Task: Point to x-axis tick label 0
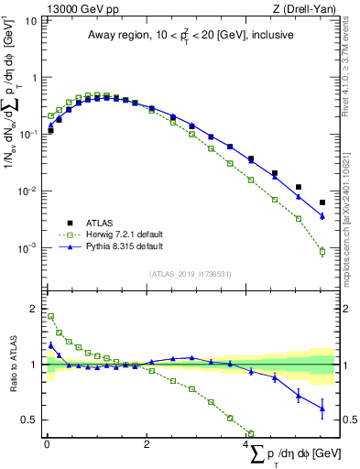[46, 445]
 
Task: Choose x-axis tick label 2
[147, 445]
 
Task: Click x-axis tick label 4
[246, 445]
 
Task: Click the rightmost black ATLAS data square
[322, 202]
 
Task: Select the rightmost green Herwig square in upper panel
[322, 251]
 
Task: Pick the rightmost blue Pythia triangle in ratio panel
[322, 409]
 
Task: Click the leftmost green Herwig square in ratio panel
[50, 317]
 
